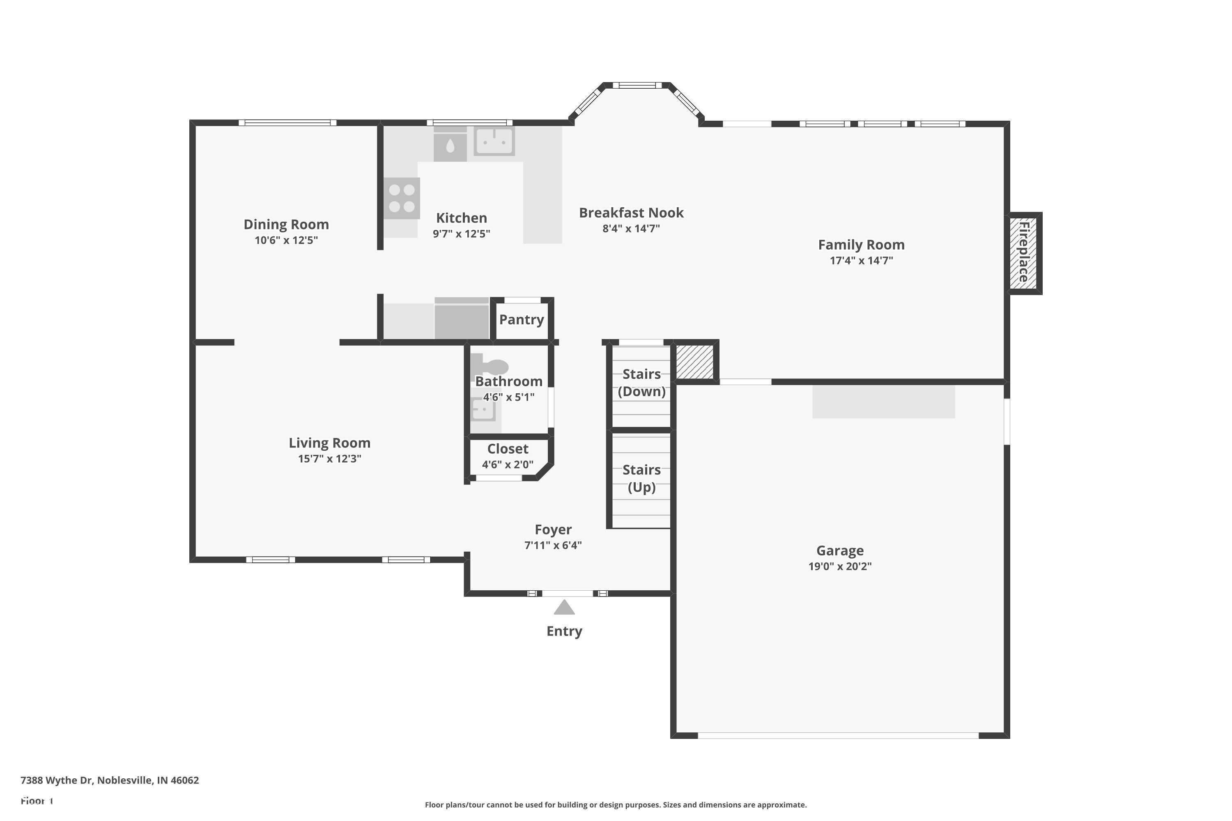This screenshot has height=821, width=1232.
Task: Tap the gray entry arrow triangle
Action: point(564,608)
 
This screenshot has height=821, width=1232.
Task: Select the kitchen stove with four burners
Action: point(402,198)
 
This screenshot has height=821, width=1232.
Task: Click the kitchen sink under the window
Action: point(494,141)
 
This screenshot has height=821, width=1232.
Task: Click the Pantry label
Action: point(521,319)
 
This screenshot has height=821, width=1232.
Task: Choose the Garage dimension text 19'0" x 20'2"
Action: point(840,566)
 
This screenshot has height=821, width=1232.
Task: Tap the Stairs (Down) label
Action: point(641,383)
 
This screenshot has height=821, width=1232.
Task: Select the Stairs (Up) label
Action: point(641,479)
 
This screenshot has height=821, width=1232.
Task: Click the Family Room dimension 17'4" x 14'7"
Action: point(861,260)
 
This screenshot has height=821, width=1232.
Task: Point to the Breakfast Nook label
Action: point(631,213)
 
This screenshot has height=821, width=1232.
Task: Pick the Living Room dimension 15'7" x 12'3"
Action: point(329,459)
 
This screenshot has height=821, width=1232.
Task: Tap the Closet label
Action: point(508,449)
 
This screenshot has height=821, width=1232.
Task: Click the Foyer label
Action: point(553,530)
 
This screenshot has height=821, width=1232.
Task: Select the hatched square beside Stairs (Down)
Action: point(694,361)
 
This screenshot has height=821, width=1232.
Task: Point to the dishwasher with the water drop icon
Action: point(450,144)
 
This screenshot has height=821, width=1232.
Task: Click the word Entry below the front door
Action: point(564,631)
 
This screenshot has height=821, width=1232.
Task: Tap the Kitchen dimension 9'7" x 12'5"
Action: point(462,234)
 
